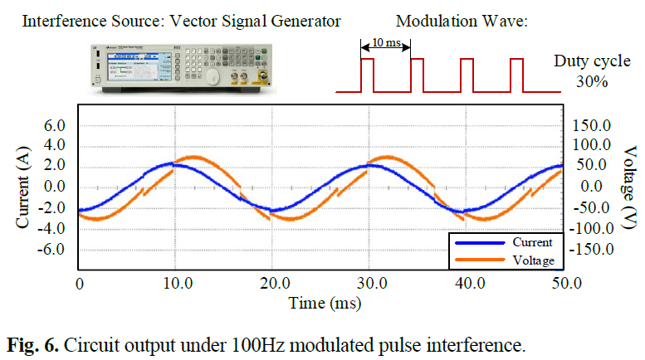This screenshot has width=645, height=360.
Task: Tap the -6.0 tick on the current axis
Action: tap(51, 249)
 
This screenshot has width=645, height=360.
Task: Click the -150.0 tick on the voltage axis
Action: tap(589, 249)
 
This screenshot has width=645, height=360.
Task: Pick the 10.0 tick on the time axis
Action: tap(176, 284)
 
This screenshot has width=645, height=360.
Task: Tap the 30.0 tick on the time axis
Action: tap(371, 284)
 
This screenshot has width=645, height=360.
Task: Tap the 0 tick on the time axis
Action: tap(79, 284)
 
